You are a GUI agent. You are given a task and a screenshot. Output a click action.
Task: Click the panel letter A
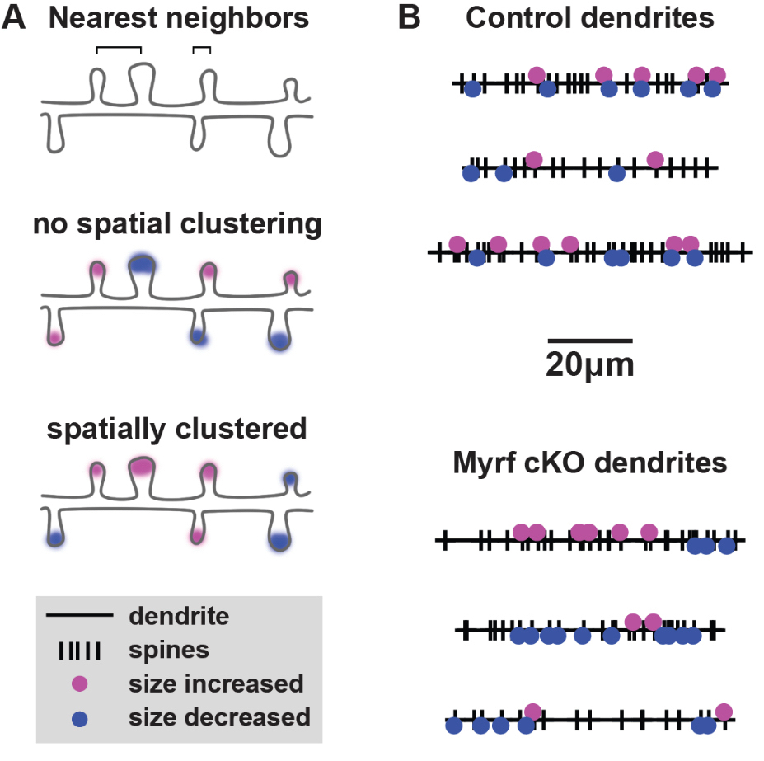pos(16,18)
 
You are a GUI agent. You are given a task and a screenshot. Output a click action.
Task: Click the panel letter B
pos(410,18)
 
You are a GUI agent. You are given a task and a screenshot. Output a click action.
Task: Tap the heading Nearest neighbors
pos(179,18)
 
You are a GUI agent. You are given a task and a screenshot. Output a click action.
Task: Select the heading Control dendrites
pos(589,18)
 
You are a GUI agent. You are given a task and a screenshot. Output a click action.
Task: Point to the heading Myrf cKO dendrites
pos(589,463)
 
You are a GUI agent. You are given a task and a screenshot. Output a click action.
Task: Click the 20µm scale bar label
pos(589,364)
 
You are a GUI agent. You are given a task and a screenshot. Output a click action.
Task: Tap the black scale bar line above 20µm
pos(590,340)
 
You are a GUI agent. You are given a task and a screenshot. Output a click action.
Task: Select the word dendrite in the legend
pos(179,616)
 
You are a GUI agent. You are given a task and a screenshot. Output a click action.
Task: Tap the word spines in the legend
pos(168,650)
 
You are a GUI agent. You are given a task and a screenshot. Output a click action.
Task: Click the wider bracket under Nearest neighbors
pos(119,49)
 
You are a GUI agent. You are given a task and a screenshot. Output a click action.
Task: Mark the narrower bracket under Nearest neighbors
pos(201,49)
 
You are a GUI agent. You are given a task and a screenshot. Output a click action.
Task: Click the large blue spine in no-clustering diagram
pos(142,265)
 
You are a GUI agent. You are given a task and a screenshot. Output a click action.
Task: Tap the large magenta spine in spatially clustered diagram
pos(142,467)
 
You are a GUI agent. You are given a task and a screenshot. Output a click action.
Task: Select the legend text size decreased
pos(219,718)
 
